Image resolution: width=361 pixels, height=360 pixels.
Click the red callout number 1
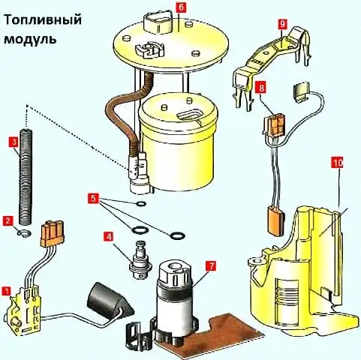6,291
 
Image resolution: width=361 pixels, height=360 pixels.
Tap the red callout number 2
8,221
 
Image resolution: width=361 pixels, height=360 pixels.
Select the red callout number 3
14,142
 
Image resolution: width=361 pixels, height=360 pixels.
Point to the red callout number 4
109,236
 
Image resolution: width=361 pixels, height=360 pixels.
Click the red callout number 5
93,199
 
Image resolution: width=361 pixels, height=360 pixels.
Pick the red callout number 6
180,7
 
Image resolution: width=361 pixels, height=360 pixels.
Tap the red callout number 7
212,266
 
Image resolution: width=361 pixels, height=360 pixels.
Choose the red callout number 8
261,88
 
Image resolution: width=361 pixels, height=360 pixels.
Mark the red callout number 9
282,25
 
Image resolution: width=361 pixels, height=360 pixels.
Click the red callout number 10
338,163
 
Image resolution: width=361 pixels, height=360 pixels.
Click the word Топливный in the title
43,20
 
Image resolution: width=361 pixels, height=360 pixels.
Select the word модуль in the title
30,39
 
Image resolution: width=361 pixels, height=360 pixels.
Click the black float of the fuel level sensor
110,298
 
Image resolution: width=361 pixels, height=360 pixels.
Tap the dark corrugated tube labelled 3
26,176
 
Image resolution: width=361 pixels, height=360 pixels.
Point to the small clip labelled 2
24,233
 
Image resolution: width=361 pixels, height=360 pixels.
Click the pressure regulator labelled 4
140,259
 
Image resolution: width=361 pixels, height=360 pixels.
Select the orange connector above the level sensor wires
52,233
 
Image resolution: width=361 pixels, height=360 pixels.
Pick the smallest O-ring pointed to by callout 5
141,204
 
